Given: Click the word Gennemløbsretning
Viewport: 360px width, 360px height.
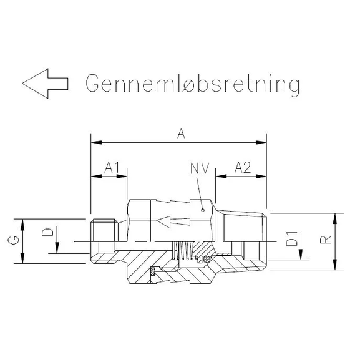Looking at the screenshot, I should pos(192,83).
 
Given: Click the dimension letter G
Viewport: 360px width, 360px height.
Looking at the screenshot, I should pos(15,241).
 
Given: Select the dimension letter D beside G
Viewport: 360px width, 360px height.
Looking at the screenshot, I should pos(47,233).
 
